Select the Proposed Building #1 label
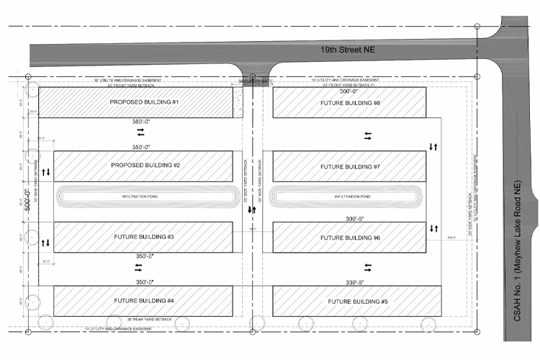(x=144, y=102)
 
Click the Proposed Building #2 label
(x=145, y=166)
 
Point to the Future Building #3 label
(x=144, y=236)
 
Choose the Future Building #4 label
(x=144, y=300)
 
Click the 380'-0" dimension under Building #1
(x=144, y=122)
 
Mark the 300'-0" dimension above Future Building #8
(x=349, y=91)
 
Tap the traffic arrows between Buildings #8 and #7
(x=368, y=135)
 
